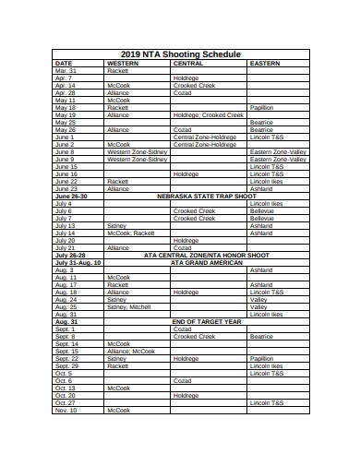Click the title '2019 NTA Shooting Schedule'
[180, 54]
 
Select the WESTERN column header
[123, 63]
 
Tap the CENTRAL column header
[188, 63]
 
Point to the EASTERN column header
[265, 63]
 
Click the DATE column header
[64, 63]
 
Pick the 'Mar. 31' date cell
[66, 70]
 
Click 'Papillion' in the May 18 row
[262, 107]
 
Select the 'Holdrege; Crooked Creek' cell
[209, 115]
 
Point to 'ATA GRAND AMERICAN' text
[207, 263]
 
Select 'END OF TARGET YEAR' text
[207, 321]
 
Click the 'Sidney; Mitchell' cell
[128, 307]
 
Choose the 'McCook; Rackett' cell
[130, 233]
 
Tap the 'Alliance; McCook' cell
[130, 352]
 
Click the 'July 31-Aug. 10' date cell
[78, 263]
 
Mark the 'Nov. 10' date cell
[66, 411]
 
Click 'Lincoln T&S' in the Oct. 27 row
[267, 403]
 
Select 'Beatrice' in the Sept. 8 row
[261, 337]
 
